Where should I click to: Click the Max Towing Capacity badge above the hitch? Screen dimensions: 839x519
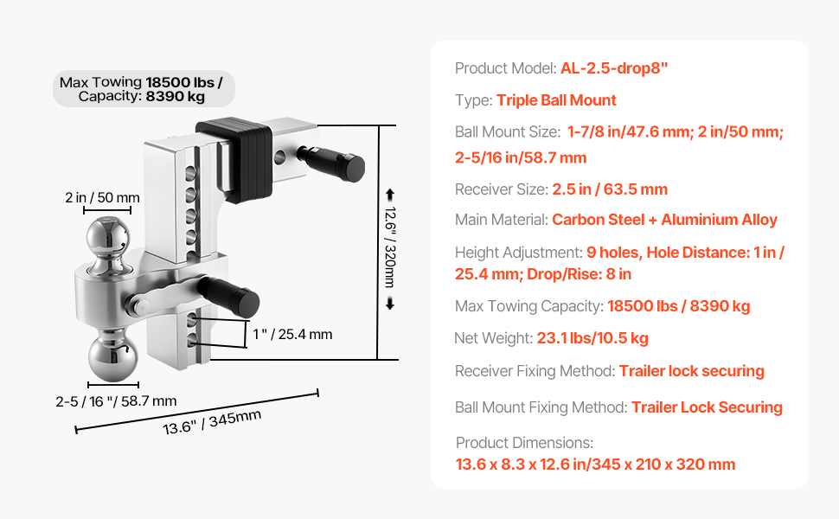click(144, 89)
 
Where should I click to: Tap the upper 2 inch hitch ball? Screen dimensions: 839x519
click(108, 239)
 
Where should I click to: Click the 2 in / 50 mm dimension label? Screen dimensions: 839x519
click(103, 197)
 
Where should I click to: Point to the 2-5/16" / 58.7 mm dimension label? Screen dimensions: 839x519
click(116, 400)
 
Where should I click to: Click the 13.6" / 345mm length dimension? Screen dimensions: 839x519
click(212, 422)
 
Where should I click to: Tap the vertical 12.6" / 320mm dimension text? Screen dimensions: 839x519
click(391, 247)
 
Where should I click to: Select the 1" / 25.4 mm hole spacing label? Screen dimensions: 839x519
click(292, 335)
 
